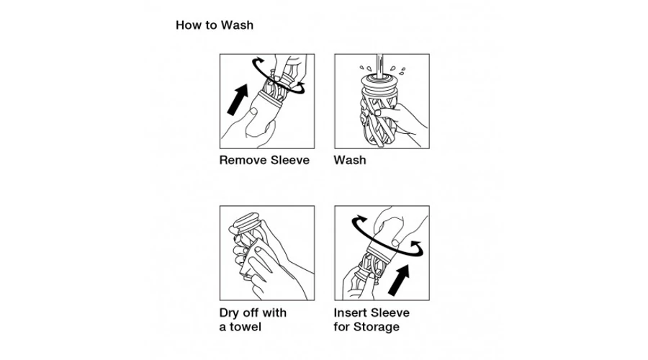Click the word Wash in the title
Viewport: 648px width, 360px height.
point(237,25)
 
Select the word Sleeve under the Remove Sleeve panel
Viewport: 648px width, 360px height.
point(289,160)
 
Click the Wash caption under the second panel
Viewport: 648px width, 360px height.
point(350,160)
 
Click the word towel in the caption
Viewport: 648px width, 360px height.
point(246,327)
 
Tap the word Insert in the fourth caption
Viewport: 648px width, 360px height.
point(351,313)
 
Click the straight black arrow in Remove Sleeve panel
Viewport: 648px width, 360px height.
point(238,99)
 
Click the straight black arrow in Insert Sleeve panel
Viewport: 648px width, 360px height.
point(399,280)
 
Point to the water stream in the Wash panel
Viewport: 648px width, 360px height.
point(379,63)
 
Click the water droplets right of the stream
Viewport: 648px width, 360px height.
point(398,69)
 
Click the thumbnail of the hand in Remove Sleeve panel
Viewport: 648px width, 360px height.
point(253,112)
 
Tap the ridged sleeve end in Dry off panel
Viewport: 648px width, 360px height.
point(246,221)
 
